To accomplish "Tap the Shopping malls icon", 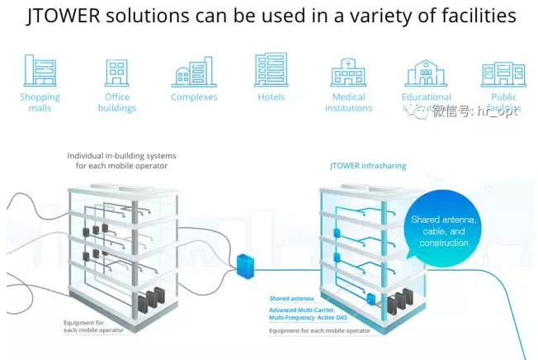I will pos(40,71).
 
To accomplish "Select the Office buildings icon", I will pos(116,73).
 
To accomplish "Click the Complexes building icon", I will pos(193,73).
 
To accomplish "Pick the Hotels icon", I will pos(271,70).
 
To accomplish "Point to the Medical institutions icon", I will pos(348,73).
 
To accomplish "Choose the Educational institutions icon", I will pos(426,73).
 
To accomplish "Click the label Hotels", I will pos(271,97).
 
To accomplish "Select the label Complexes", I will pos(194,97).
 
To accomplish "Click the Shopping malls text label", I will pos(40,102).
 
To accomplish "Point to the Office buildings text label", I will pos(116,102).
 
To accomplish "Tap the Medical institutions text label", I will pos(348,102).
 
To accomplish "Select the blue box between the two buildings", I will pos(246,266).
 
